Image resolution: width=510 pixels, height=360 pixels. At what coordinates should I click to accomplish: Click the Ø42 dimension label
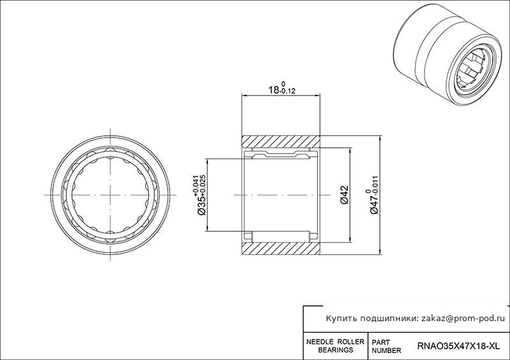pyautogui.click(x=345, y=195)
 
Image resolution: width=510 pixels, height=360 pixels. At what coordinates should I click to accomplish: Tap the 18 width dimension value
pyautogui.click(x=273, y=90)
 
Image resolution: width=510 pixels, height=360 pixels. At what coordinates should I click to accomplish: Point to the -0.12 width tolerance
pyautogui.click(x=288, y=91)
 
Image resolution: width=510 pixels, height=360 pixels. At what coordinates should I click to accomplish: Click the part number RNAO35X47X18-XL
pyautogui.click(x=458, y=347)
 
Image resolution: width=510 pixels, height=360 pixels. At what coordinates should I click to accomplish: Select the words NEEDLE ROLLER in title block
pyautogui.click(x=335, y=342)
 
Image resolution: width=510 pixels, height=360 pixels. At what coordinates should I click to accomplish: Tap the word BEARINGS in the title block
pyautogui.click(x=335, y=350)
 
